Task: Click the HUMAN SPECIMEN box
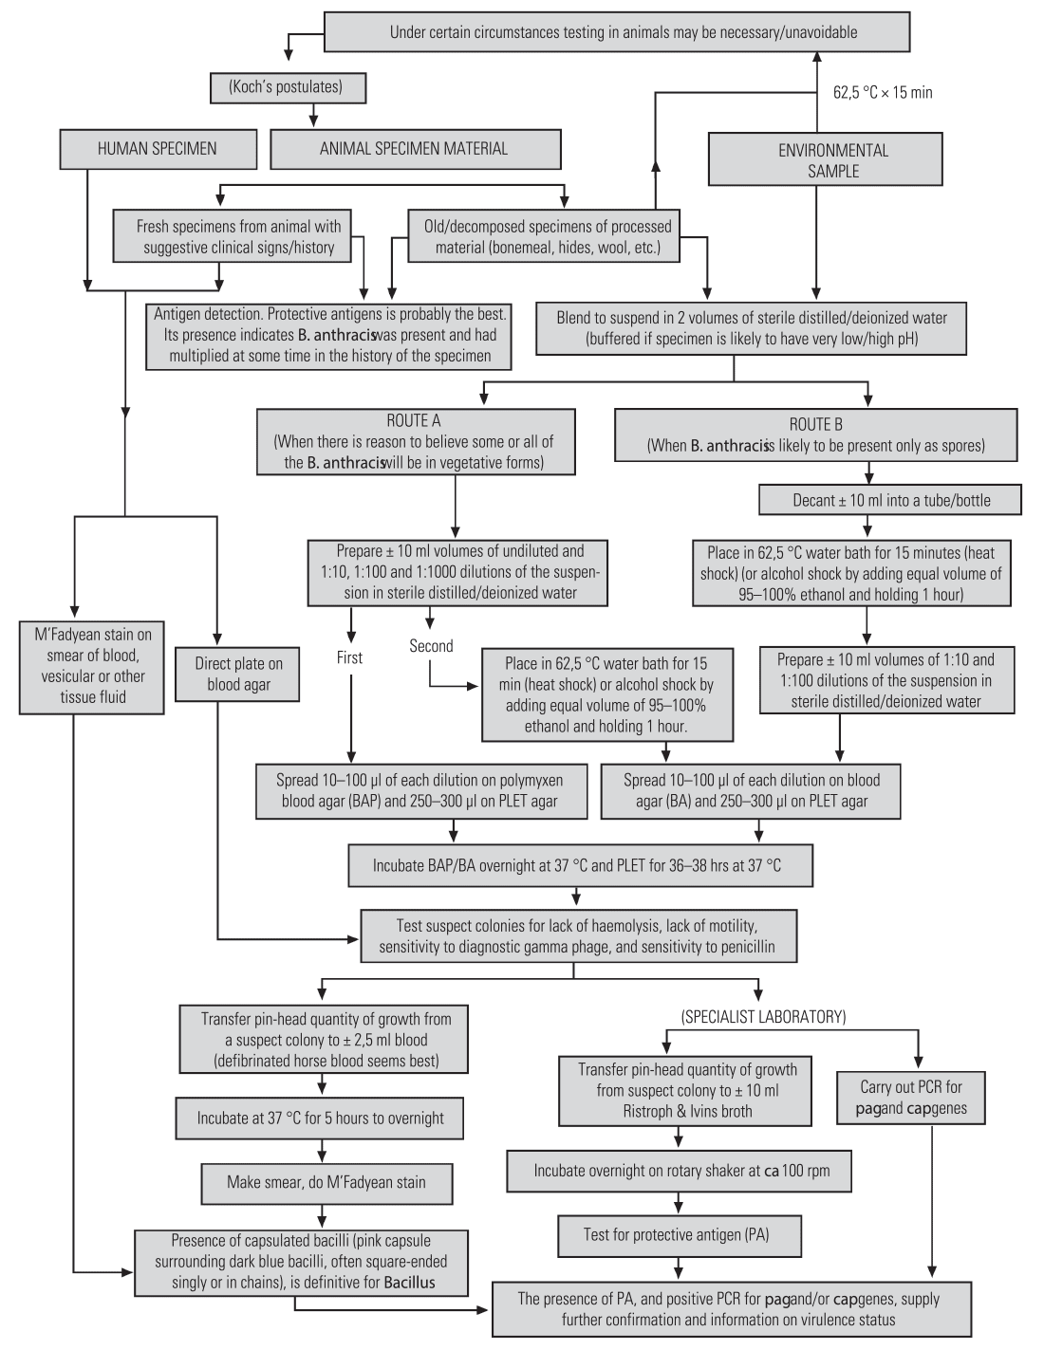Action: click(x=158, y=149)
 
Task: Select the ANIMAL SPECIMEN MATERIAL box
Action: click(x=415, y=149)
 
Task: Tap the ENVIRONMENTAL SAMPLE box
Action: click(x=826, y=159)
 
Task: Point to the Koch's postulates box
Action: click(x=287, y=87)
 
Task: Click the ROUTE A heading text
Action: click(x=414, y=420)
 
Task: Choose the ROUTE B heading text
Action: click(x=815, y=424)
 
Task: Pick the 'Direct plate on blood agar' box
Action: click(x=237, y=675)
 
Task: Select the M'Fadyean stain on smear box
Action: click(x=92, y=666)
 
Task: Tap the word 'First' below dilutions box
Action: click(x=349, y=657)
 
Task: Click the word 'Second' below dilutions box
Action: click(x=431, y=646)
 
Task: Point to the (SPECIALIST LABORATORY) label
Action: click(x=763, y=1017)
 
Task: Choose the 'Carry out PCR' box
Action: click(x=910, y=1098)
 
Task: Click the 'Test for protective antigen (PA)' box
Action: click(x=679, y=1235)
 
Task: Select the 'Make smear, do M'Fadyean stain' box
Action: click(x=326, y=1183)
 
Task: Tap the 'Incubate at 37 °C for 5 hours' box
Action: click(x=320, y=1119)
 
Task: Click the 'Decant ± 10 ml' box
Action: click(x=890, y=500)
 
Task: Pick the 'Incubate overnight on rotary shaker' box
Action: click(x=679, y=1172)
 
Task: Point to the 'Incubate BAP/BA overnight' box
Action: click(x=580, y=865)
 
